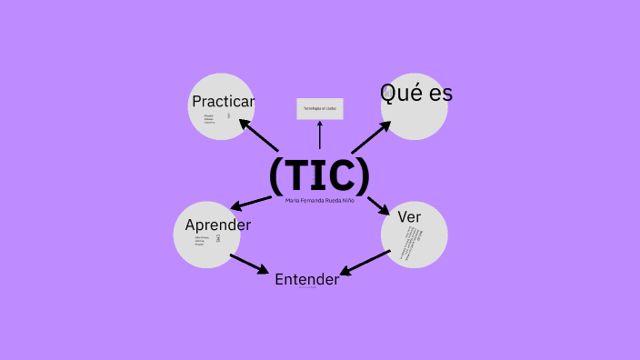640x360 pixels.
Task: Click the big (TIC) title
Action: coord(319,175)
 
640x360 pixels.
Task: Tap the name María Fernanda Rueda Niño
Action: coord(319,200)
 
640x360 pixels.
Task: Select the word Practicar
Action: coord(223,102)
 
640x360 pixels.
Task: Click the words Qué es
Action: coord(415,93)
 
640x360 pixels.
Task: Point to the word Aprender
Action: coord(218,225)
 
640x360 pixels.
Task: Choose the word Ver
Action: coord(408,217)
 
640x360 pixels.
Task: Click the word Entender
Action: coord(306,279)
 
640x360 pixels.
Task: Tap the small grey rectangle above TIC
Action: coord(319,109)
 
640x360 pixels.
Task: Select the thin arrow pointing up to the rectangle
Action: coord(319,135)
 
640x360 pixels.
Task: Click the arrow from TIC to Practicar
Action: coord(257,135)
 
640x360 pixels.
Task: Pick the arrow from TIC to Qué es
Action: coord(370,138)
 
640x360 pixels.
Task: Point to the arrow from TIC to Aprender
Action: coord(254,202)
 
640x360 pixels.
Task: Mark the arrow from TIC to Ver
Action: coord(379,205)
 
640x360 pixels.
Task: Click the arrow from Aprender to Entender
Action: coord(248,264)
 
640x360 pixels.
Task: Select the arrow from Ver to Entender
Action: coord(365,262)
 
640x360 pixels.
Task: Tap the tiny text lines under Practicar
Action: coord(210,118)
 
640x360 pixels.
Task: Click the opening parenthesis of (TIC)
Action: coord(276,175)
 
